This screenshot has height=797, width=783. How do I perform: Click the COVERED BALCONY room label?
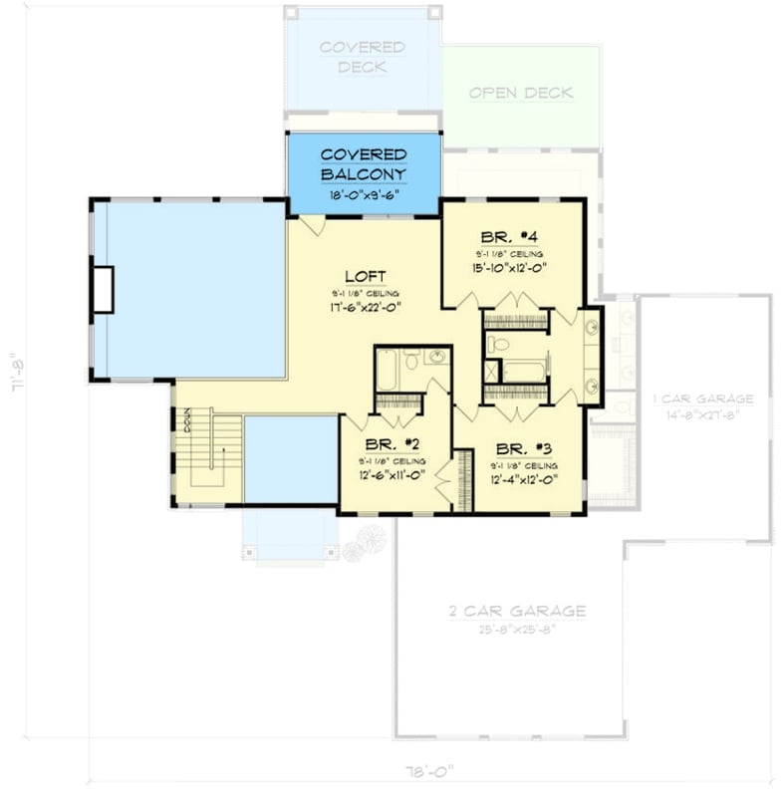(x=364, y=164)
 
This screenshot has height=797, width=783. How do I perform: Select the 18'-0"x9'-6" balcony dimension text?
(x=364, y=195)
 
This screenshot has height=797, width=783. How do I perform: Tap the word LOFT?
(x=365, y=276)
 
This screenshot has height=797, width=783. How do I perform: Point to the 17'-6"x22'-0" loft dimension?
(x=365, y=308)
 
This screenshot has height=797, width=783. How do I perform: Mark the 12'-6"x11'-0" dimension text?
(x=391, y=475)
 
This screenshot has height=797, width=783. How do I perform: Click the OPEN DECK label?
(x=521, y=93)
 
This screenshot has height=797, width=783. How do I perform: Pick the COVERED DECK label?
(x=363, y=57)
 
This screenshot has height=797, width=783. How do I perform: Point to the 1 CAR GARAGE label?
(x=702, y=399)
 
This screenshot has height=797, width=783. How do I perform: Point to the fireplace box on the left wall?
(x=103, y=289)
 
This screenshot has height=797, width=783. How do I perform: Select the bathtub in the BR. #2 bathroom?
(x=388, y=370)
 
